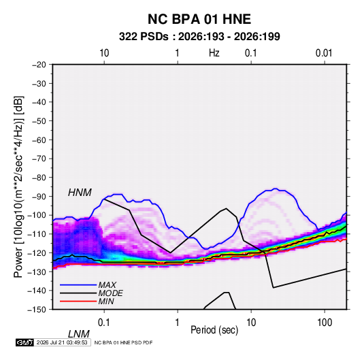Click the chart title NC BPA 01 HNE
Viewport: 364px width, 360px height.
199,19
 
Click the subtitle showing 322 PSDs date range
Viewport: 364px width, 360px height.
199,37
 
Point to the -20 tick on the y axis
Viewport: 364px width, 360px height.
39,65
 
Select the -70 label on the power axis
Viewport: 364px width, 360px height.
39,159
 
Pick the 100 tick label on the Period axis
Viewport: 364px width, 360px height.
325,323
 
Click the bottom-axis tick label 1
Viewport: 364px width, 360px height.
178,323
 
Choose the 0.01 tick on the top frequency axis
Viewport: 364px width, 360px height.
324,53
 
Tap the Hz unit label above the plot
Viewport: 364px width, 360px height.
214,53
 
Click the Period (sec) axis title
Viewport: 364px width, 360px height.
214,330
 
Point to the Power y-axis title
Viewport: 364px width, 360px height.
18,187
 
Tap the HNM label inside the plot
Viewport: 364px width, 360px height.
80,193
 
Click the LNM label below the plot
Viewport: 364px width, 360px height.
79,334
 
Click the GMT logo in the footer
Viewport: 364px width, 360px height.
24,342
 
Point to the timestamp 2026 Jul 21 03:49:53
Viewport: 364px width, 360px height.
62,342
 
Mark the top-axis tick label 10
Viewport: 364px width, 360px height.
104,53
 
